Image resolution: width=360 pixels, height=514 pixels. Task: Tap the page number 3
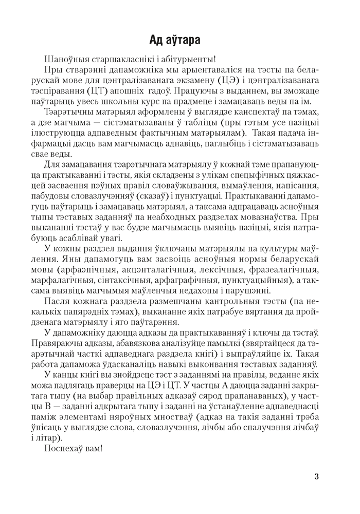[x=316, y=476]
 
